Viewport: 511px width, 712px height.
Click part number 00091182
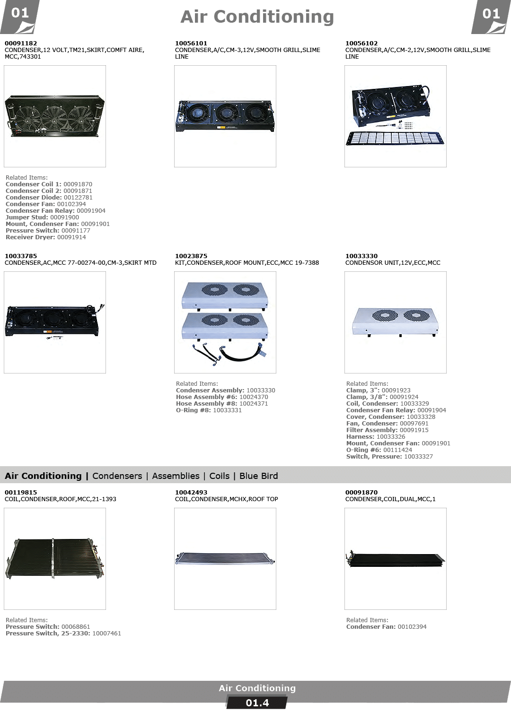pos(21,43)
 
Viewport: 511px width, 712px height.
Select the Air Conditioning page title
pos(257,17)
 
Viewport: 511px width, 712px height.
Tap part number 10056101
pos(191,43)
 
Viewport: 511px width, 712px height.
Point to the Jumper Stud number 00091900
pos(65,217)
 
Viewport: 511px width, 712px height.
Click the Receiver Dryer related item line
pos(46,237)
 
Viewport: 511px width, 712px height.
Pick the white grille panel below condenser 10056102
pos(395,139)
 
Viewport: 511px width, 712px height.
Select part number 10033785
pos(21,256)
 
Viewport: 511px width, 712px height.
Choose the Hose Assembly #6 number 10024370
pos(254,397)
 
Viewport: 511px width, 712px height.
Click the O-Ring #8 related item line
pos(209,410)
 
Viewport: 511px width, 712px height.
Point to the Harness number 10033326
pos(391,437)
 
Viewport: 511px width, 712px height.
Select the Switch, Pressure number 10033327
pos(418,457)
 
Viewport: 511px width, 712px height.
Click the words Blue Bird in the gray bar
pos(259,476)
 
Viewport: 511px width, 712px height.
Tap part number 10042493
pos(191,492)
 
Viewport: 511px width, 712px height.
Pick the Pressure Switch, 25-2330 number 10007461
pos(106,634)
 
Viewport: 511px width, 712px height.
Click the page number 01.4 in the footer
pos(257,703)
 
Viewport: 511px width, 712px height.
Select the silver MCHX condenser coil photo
pos(225,559)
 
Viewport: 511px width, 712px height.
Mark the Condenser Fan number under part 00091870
pos(412,627)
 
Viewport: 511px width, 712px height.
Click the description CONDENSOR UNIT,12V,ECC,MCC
pos(393,263)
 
